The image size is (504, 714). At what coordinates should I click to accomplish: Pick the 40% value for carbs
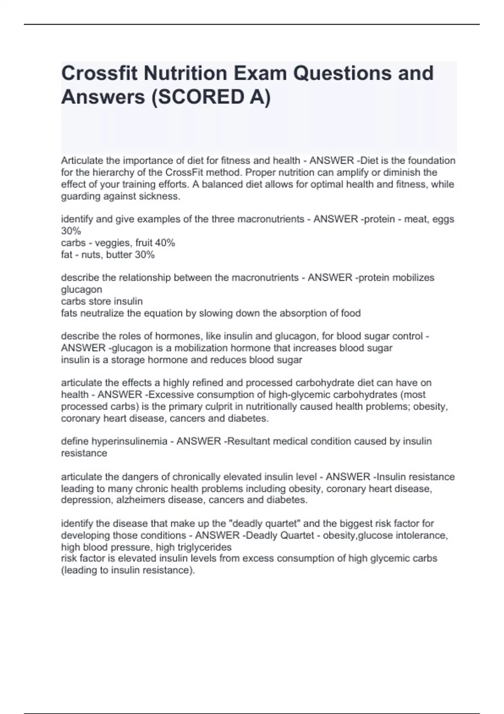tap(165, 243)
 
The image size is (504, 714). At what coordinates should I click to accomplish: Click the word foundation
tap(433, 161)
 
